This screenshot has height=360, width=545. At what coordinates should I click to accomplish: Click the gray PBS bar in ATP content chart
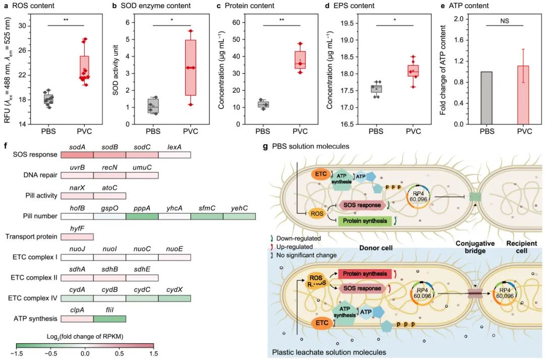point(486,98)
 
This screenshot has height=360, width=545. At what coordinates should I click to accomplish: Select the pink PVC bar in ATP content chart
point(523,95)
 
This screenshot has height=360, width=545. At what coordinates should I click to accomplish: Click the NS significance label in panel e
point(504,21)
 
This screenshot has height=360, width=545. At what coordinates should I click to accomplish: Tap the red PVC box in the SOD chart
point(190,68)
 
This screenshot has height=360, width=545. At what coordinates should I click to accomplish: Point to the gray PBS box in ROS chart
point(48,99)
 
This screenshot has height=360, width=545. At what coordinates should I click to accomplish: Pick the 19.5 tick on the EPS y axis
point(347,23)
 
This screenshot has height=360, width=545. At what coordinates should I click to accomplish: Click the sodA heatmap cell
point(77,154)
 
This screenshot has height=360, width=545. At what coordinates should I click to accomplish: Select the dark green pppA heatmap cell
point(142,216)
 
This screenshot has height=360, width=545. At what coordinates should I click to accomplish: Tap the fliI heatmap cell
point(110,318)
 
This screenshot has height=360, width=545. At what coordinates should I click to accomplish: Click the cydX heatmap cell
point(175,298)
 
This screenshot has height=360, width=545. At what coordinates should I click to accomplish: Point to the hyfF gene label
point(77,228)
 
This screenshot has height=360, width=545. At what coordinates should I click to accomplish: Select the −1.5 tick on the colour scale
point(17,353)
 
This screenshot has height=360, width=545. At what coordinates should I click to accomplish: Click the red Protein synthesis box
point(365,274)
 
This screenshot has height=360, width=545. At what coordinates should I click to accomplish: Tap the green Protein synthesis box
point(365,221)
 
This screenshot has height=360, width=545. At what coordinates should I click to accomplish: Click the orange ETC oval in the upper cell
point(320,173)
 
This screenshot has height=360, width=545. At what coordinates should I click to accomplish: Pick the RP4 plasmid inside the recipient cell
point(505,293)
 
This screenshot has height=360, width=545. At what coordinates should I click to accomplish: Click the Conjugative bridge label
point(475,247)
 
